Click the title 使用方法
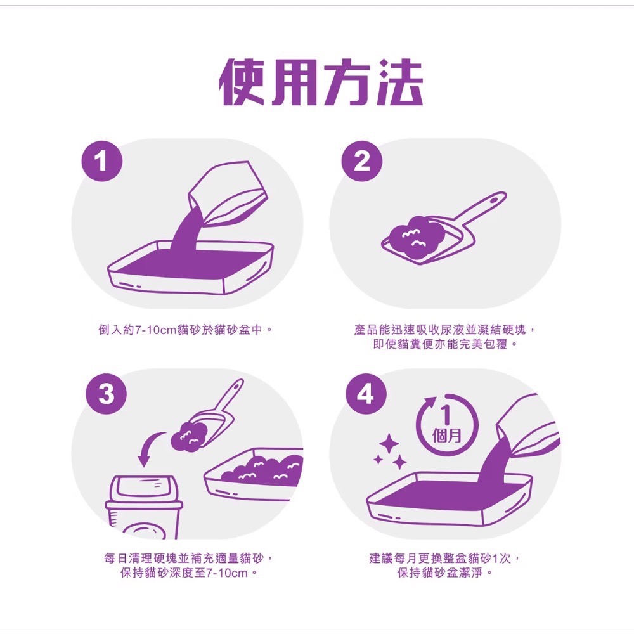[x=321, y=82]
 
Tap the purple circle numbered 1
[x=101, y=161]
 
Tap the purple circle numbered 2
[x=361, y=161]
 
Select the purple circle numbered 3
[x=107, y=394]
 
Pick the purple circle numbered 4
[x=366, y=394]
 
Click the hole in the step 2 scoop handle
[x=494, y=200]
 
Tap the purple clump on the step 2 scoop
[x=415, y=237]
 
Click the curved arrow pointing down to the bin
[x=149, y=447]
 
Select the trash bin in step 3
[x=144, y=507]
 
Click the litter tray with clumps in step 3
[x=254, y=474]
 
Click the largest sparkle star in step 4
[x=389, y=444]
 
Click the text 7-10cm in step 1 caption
[x=156, y=330]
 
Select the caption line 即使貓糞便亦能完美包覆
[x=445, y=344]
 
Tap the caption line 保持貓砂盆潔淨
[x=445, y=573]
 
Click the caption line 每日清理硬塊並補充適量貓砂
[x=189, y=559]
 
